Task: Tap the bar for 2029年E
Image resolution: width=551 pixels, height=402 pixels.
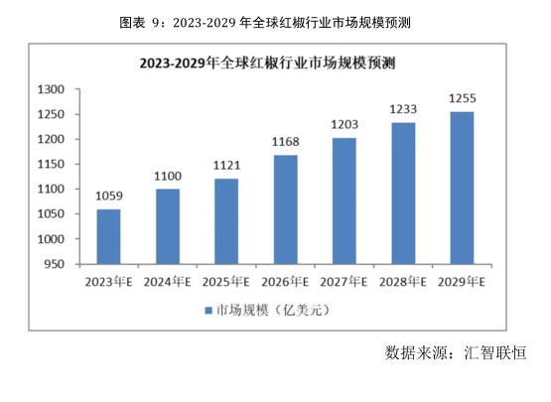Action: point(463,188)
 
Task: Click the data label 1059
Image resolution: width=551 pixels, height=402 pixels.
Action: point(109,197)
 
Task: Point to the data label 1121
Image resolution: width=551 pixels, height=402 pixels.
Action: point(226,166)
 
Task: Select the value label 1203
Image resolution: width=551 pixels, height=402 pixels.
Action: point(344,125)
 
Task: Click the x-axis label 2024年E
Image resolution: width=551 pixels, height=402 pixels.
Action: point(168,281)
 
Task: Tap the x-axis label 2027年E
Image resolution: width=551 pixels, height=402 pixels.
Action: point(344,281)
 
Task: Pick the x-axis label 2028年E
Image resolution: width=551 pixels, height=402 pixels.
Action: point(403,281)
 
